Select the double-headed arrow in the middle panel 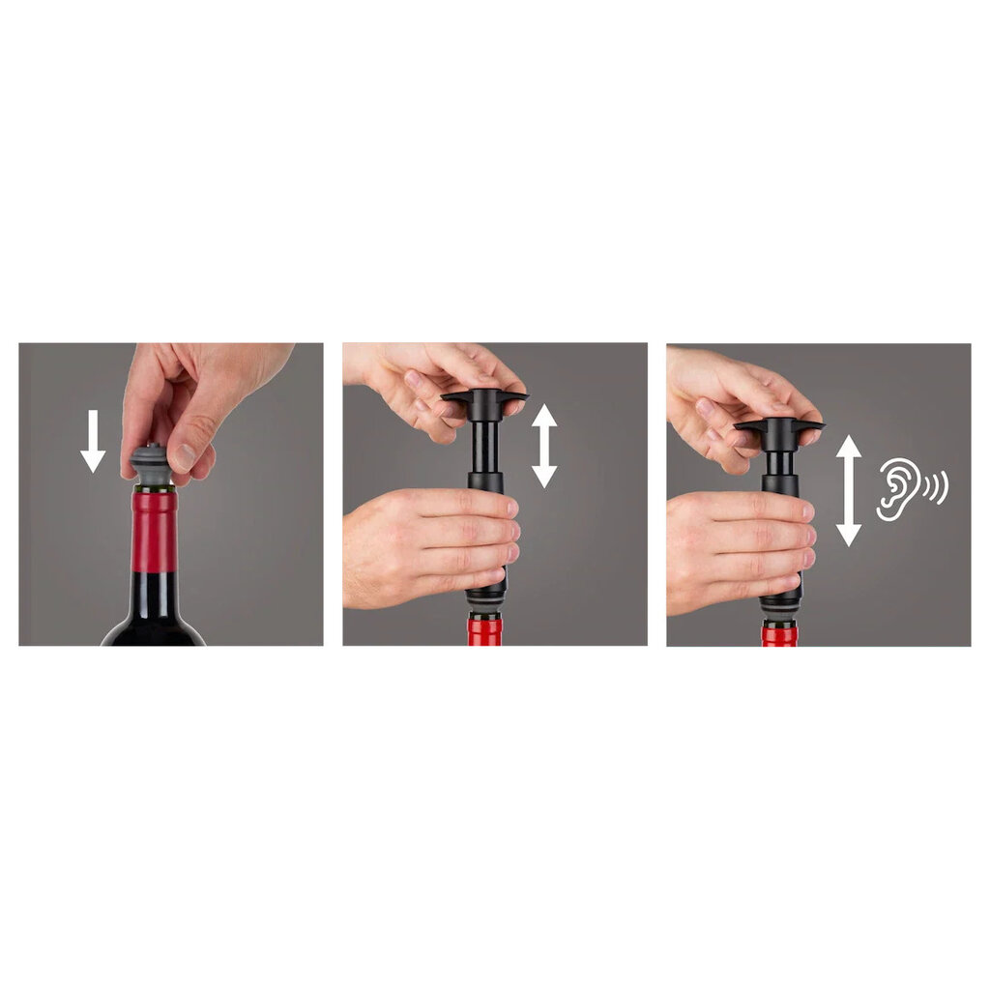(x=544, y=445)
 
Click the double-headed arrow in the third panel (x=848, y=490)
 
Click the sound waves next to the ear (x=936, y=487)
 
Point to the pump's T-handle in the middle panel (x=484, y=398)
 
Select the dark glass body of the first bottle (x=154, y=609)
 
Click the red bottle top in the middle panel (x=484, y=631)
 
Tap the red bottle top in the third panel (x=778, y=634)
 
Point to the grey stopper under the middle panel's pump (x=484, y=604)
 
